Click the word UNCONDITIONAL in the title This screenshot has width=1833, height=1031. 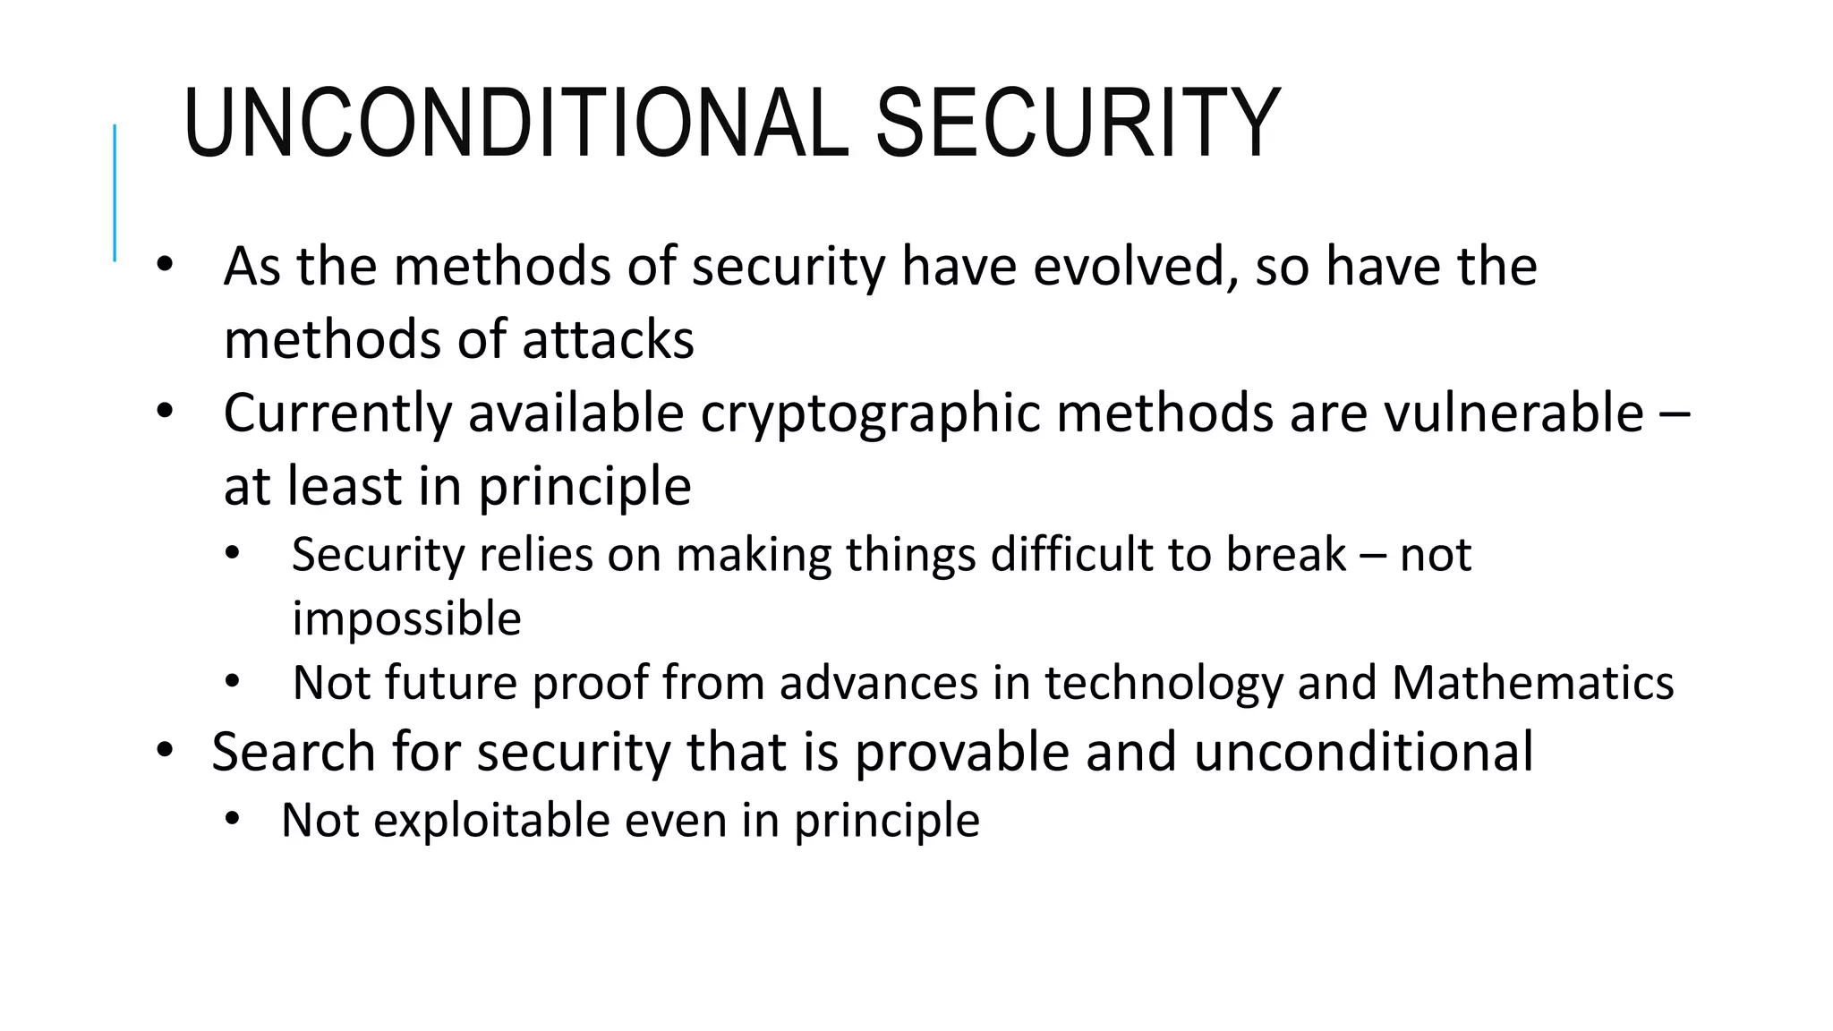(515, 124)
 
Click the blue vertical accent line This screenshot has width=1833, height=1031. (115, 192)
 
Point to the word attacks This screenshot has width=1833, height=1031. (608, 340)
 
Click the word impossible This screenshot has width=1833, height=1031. (407, 619)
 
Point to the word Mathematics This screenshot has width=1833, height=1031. (1532, 683)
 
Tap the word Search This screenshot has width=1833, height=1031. (293, 752)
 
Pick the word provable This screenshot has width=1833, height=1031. (962, 752)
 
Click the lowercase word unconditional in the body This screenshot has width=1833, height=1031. (1363, 752)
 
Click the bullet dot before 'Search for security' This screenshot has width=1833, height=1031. (164, 750)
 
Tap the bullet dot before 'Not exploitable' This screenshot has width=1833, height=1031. (233, 819)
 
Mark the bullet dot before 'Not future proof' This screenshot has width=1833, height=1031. (233, 682)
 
